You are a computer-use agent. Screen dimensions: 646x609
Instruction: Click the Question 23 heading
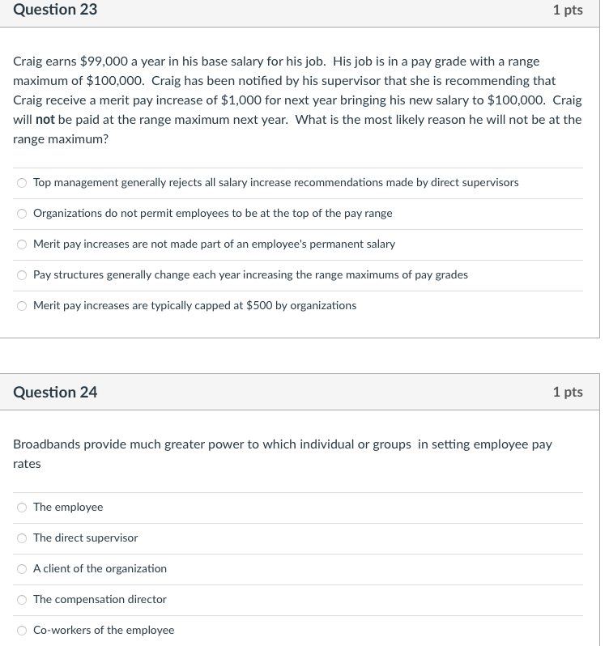[55, 10]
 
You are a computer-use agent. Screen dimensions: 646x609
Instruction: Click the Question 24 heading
[55, 392]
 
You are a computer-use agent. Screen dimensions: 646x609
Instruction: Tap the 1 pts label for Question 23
[567, 10]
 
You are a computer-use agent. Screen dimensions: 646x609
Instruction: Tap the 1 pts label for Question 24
[567, 392]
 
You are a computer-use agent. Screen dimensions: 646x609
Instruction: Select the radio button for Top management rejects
[22, 183]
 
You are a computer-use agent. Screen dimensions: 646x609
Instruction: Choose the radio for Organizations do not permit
[22, 214]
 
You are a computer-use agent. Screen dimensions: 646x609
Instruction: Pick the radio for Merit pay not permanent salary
[22, 244]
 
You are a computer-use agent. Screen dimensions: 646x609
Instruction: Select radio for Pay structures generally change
[22, 275]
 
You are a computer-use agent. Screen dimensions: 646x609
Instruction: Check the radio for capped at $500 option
[22, 306]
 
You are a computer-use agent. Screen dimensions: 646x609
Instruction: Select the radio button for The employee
[22, 508]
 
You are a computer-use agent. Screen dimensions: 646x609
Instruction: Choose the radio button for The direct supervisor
[22, 538]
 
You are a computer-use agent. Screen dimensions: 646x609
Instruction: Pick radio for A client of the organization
[22, 569]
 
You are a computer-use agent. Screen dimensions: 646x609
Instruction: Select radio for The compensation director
[22, 600]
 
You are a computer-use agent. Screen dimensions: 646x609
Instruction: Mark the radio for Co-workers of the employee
[22, 631]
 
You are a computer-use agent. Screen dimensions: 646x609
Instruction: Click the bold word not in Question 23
[45, 120]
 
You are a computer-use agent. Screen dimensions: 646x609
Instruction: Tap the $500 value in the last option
[259, 306]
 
